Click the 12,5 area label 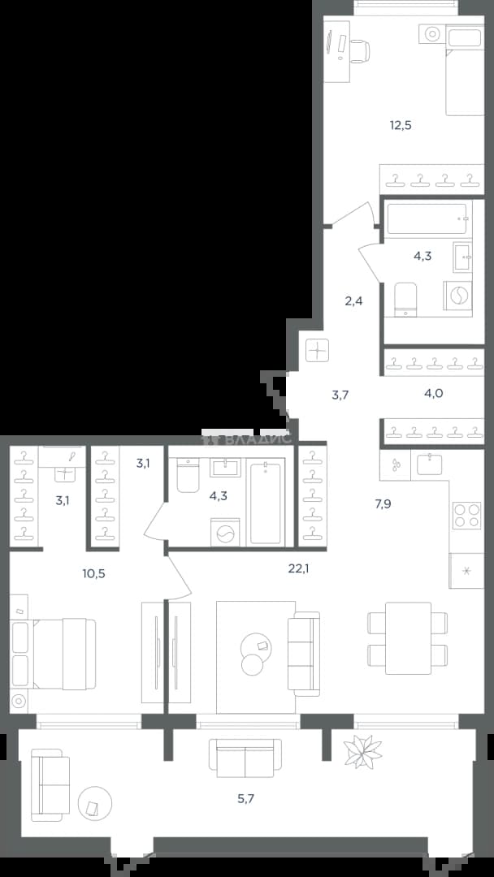[401, 125]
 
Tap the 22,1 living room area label [299, 568]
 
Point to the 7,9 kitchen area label [383, 504]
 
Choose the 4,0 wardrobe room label [434, 393]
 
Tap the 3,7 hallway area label [340, 395]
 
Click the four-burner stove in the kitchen [466, 516]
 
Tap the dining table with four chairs [408, 638]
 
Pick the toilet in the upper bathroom [405, 299]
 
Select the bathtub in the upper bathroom [428, 218]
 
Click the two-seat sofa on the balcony [245, 758]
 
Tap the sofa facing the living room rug [304, 654]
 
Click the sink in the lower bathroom [225, 467]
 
